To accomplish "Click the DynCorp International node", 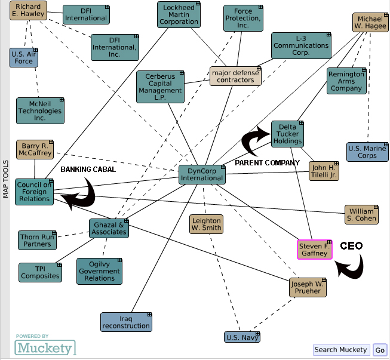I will point(202,174).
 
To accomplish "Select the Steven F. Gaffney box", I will point(315,250).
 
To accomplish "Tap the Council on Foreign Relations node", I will point(34,192).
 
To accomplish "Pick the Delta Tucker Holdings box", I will point(287,133).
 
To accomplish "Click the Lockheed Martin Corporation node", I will point(179,14).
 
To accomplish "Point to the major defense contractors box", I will point(235,75).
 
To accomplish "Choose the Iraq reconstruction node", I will point(126,322).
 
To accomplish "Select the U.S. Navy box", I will point(242,337).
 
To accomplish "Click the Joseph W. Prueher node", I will point(308,288).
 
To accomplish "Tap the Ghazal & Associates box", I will point(109,229).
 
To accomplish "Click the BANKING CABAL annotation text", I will point(88,170).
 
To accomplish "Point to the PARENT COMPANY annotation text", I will point(267,163).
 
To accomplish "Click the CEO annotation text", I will point(351,246).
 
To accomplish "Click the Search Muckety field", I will point(341,350).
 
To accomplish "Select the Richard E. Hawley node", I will point(27,11).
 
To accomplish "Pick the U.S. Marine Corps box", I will point(367,152).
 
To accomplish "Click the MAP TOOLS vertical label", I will point(5,179).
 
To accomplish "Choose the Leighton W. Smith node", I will point(207,223).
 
